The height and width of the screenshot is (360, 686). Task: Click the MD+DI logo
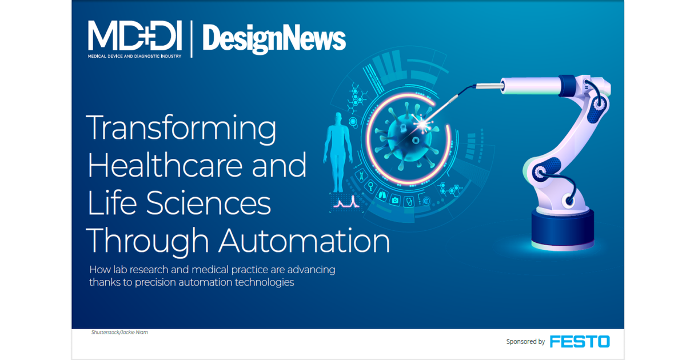(135, 35)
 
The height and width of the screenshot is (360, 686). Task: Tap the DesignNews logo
(274, 39)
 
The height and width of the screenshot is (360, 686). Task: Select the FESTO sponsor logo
(580, 342)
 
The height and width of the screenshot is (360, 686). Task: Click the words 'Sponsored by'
(525, 342)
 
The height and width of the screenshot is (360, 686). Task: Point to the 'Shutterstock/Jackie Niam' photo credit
(119, 332)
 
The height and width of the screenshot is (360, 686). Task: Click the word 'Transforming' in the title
(181, 129)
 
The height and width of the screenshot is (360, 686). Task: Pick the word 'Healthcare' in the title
(162, 166)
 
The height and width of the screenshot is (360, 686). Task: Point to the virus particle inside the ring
(403, 138)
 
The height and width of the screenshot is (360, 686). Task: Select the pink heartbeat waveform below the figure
(345, 202)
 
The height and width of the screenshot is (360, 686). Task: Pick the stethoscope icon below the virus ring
(409, 201)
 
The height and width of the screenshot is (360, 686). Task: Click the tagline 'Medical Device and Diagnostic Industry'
(135, 57)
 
